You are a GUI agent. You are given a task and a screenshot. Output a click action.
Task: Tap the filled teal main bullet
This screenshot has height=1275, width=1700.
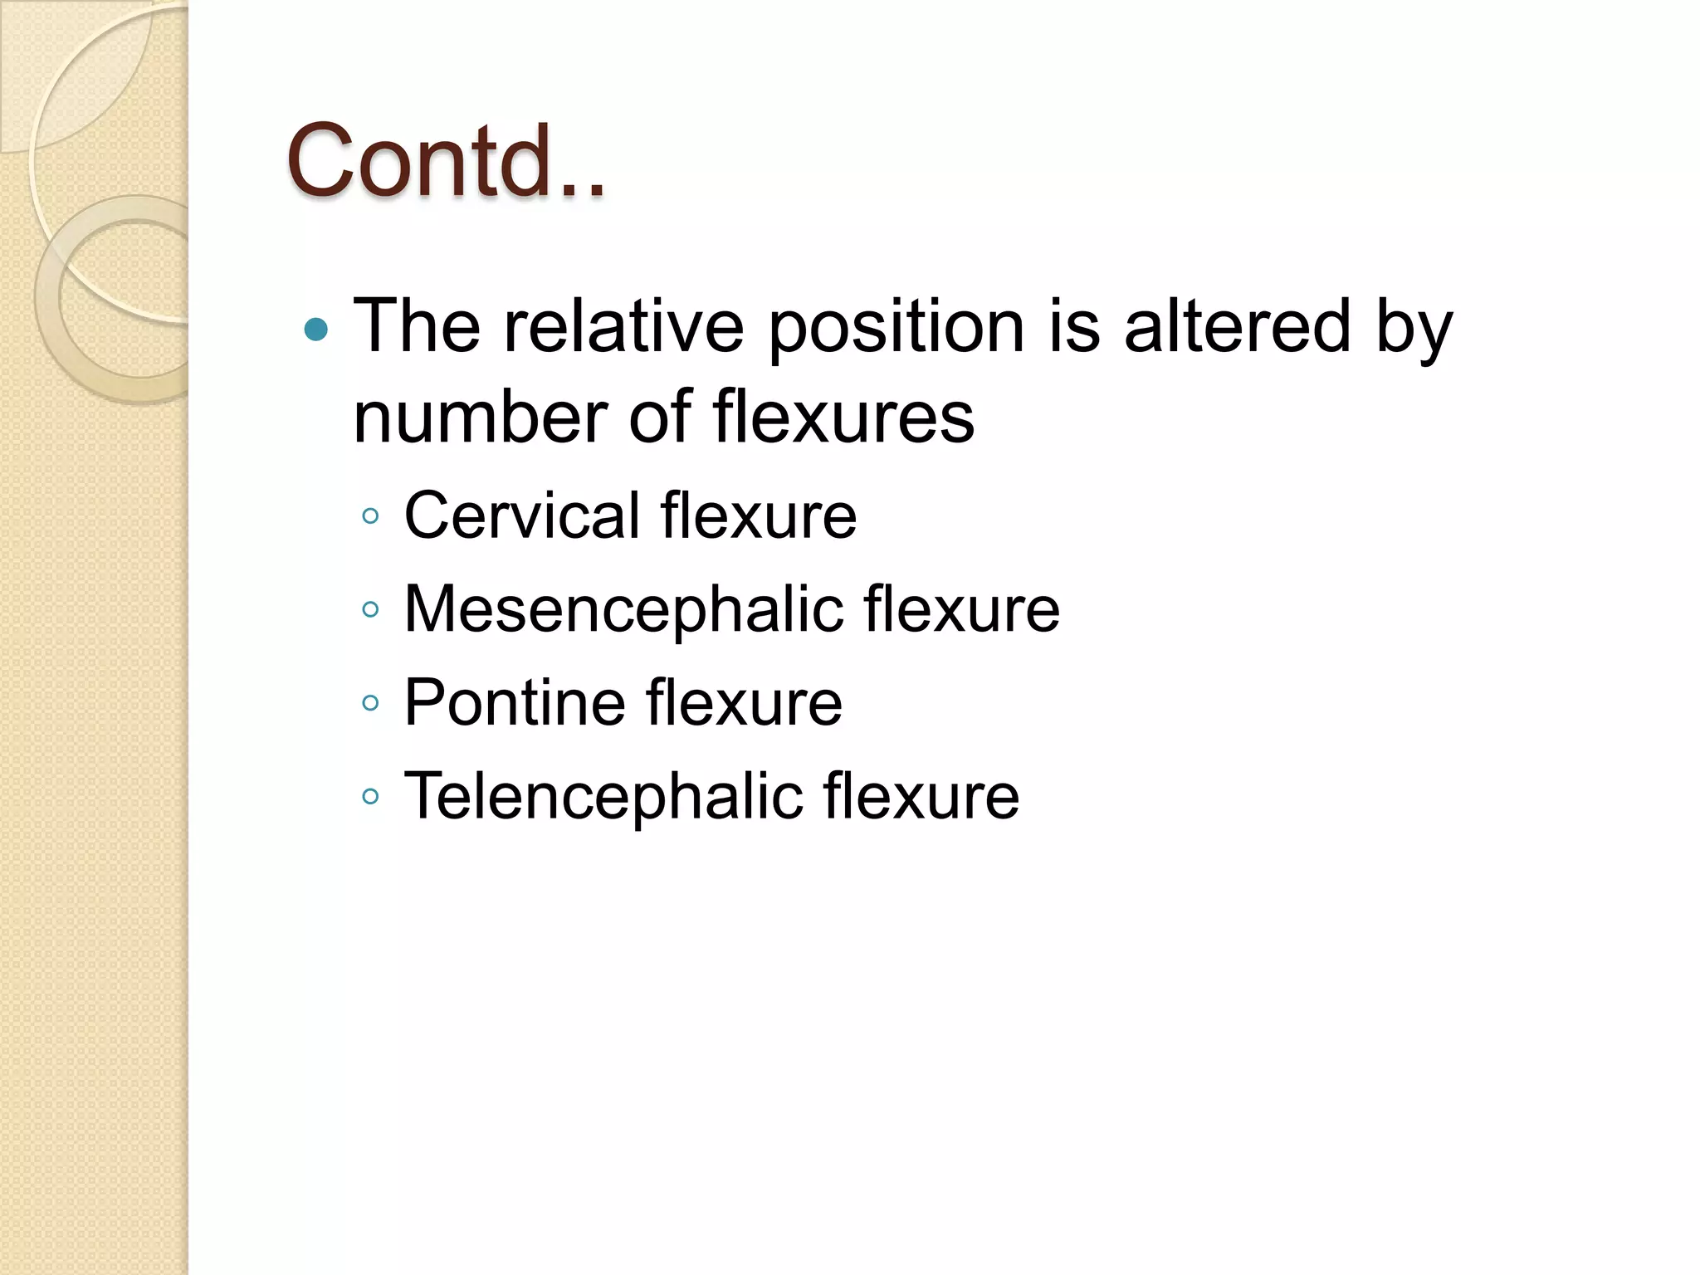(x=316, y=330)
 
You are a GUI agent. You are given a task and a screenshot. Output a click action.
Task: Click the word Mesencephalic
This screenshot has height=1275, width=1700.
(x=623, y=609)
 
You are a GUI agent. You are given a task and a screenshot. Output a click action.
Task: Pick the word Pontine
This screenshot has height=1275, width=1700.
(x=514, y=703)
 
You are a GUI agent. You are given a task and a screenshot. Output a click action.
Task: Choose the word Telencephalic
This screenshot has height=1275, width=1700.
(x=603, y=796)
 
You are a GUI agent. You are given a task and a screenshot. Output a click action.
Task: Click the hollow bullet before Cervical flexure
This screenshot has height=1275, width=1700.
(x=371, y=517)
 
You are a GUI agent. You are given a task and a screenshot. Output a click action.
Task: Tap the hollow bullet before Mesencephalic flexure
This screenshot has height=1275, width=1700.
(x=371, y=610)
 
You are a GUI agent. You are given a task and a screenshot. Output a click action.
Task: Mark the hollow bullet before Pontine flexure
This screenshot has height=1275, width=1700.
(x=371, y=704)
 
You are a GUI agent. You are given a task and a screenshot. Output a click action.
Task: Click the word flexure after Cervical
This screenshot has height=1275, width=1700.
(x=759, y=515)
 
